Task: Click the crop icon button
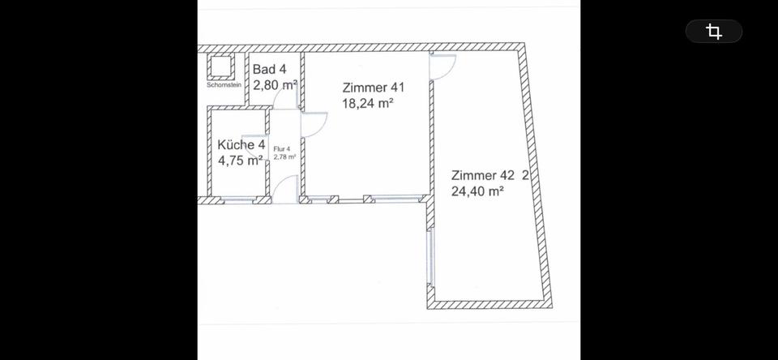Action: [714, 32]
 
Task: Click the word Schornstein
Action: [223, 84]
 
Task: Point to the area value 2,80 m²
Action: [275, 84]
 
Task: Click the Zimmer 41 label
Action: [373, 88]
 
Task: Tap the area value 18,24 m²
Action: [368, 103]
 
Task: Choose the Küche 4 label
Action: [242, 145]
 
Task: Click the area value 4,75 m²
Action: [240, 160]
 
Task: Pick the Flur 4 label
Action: [282, 149]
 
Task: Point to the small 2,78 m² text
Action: [284, 157]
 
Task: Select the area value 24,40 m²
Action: [477, 191]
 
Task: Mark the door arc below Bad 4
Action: [285, 100]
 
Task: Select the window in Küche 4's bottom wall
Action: [241, 200]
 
